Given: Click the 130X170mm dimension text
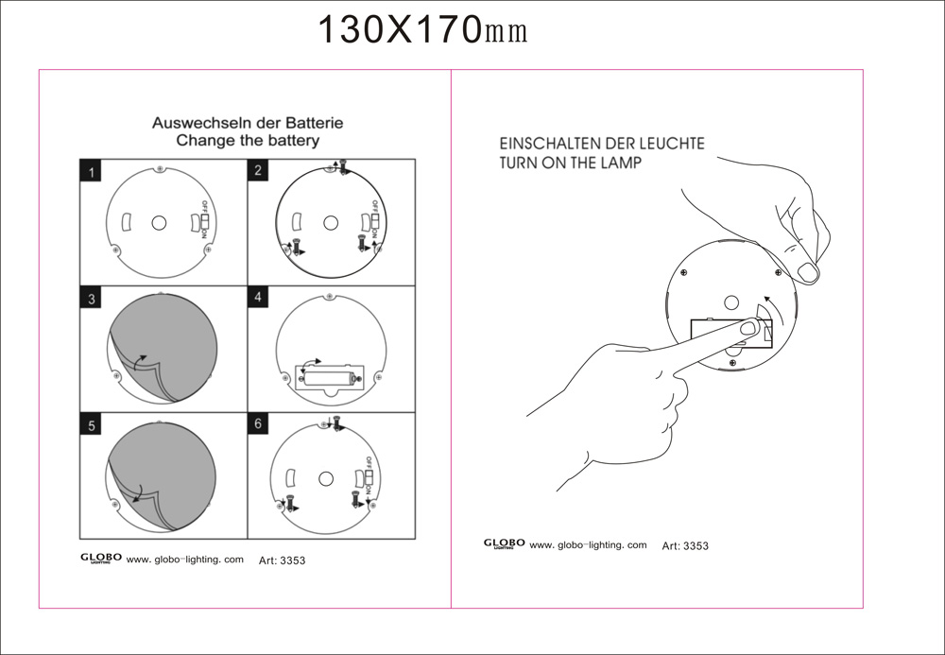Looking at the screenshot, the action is coord(421,30).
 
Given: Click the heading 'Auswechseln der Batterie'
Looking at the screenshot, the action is coord(248,123).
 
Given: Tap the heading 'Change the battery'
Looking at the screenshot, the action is coord(248,141).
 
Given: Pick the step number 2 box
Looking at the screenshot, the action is coord(258,170).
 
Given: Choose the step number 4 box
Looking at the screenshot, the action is coord(258,297).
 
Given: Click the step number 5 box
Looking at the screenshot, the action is coord(91,423).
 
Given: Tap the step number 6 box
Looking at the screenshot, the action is coord(258,423).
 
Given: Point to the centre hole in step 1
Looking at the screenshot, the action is coord(159,223).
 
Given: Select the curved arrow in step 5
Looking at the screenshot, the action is coord(137,493).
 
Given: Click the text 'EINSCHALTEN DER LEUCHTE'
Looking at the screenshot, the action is coord(602,144).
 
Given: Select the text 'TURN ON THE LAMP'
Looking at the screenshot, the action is coord(571,162).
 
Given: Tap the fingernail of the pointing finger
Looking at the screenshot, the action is coord(748,328).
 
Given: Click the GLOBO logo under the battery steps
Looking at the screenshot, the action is coord(101,559).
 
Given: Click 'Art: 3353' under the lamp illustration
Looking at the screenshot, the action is coord(685,546).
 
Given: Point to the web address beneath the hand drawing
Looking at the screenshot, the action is coord(588,544).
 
